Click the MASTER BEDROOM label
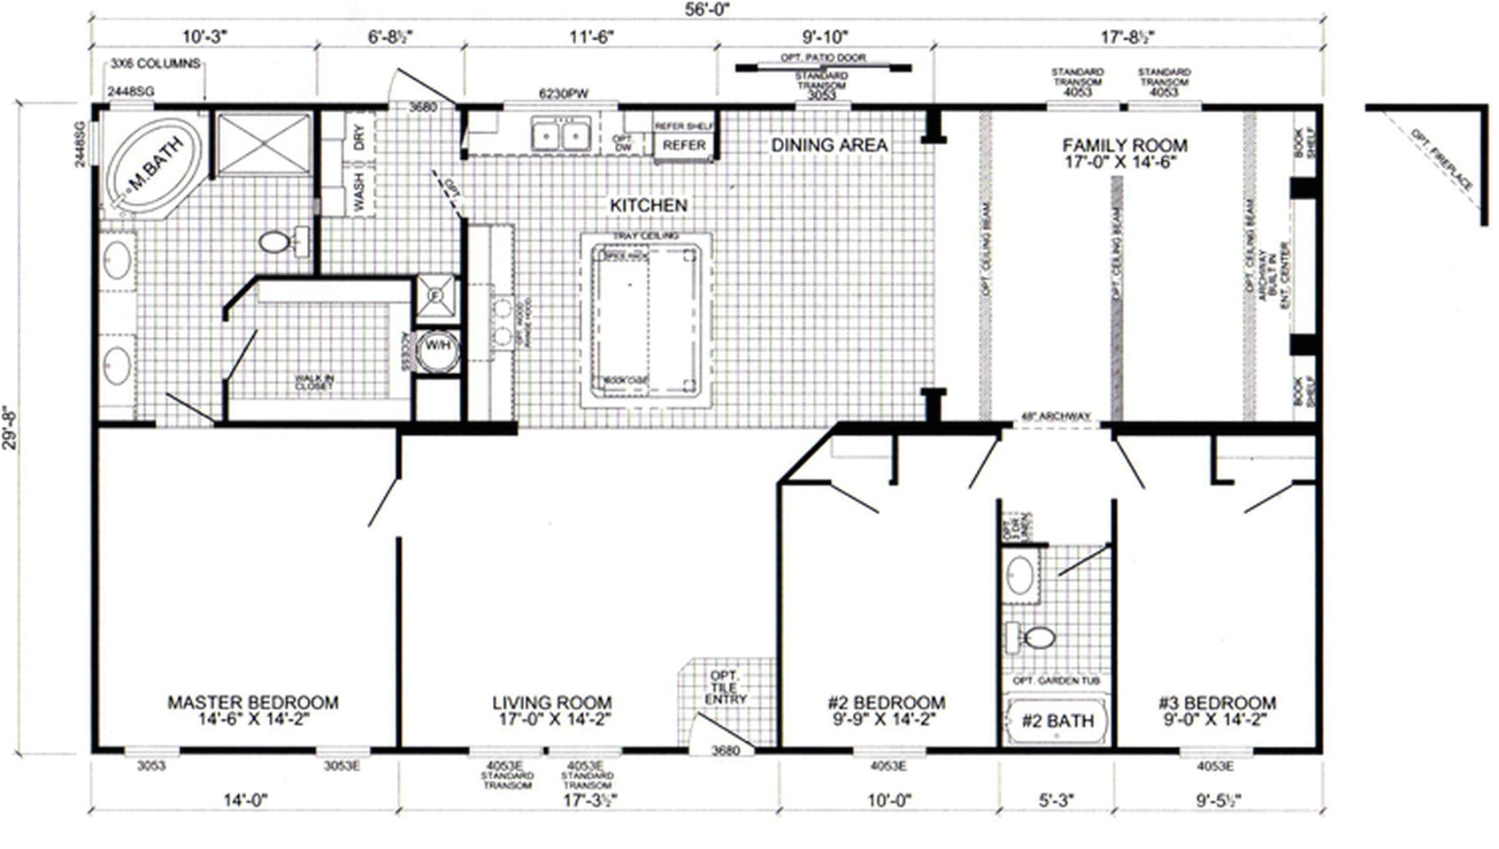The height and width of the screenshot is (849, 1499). coord(253,702)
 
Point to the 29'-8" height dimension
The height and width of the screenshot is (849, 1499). coord(11,427)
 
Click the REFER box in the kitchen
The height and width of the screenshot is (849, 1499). coord(684,145)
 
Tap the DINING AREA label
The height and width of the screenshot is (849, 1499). coord(829,145)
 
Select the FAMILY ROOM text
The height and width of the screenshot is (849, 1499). coord(1125,145)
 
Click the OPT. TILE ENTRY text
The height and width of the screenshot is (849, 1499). coord(726,687)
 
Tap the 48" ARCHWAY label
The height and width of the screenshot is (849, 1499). coord(1056,417)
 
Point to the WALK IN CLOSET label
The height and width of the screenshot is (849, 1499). coord(314,382)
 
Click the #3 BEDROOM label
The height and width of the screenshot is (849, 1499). coord(1217,703)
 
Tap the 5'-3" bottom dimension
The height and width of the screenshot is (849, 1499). coord(1056,800)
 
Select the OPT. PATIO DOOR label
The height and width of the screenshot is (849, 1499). coord(823,57)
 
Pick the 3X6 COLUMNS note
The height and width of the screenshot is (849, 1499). coord(155,64)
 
